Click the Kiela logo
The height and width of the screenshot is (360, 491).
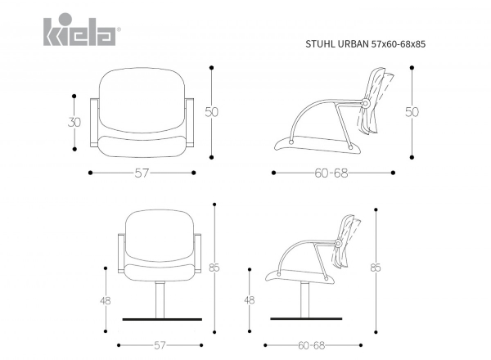click(x=80, y=29)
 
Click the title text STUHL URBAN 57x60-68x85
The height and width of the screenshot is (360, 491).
click(x=366, y=44)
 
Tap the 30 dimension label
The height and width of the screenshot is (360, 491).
click(x=74, y=122)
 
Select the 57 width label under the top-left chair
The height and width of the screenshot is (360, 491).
click(x=142, y=173)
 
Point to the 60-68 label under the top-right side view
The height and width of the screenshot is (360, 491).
click(x=331, y=173)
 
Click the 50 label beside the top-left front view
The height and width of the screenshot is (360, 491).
click(x=212, y=112)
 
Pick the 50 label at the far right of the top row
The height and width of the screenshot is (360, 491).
click(x=412, y=112)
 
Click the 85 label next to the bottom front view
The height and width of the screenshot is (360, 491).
click(x=214, y=268)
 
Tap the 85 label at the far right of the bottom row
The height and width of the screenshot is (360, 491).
click(x=376, y=268)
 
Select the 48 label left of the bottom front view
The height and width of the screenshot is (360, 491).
click(x=106, y=301)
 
